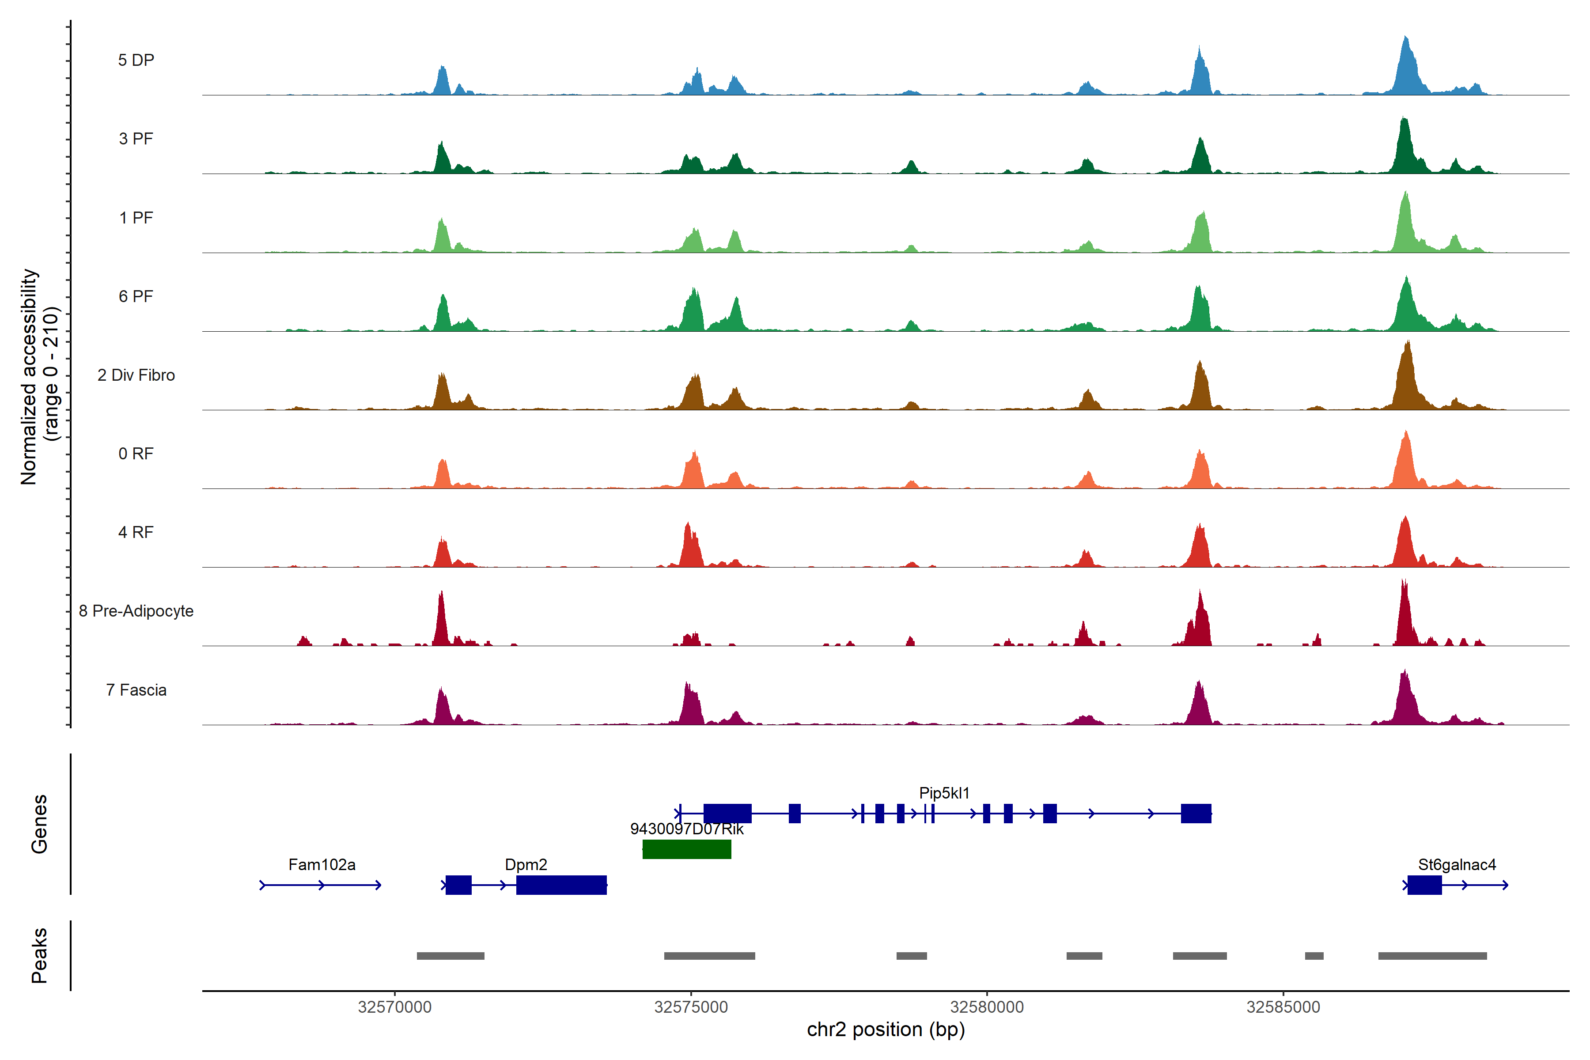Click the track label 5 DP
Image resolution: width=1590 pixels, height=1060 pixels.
tap(136, 60)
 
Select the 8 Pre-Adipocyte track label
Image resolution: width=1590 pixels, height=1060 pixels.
tap(136, 611)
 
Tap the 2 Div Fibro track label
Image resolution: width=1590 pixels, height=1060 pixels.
tap(136, 375)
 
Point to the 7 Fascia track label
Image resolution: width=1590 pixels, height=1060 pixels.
tap(136, 690)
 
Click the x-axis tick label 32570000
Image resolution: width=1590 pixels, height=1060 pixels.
tap(395, 1007)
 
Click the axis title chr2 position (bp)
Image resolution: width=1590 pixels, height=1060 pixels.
tap(886, 1030)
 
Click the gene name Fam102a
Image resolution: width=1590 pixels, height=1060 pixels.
tap(322, 865)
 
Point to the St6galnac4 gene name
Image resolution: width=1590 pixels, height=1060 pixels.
tap(1457, 865)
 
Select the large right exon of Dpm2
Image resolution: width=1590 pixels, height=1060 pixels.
tap(561, 885)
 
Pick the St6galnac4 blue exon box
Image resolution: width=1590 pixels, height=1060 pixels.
tap(1424, 885)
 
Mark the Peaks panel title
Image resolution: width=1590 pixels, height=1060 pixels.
tap(39, 955)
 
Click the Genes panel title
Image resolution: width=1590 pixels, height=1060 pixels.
tap(39, 824)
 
